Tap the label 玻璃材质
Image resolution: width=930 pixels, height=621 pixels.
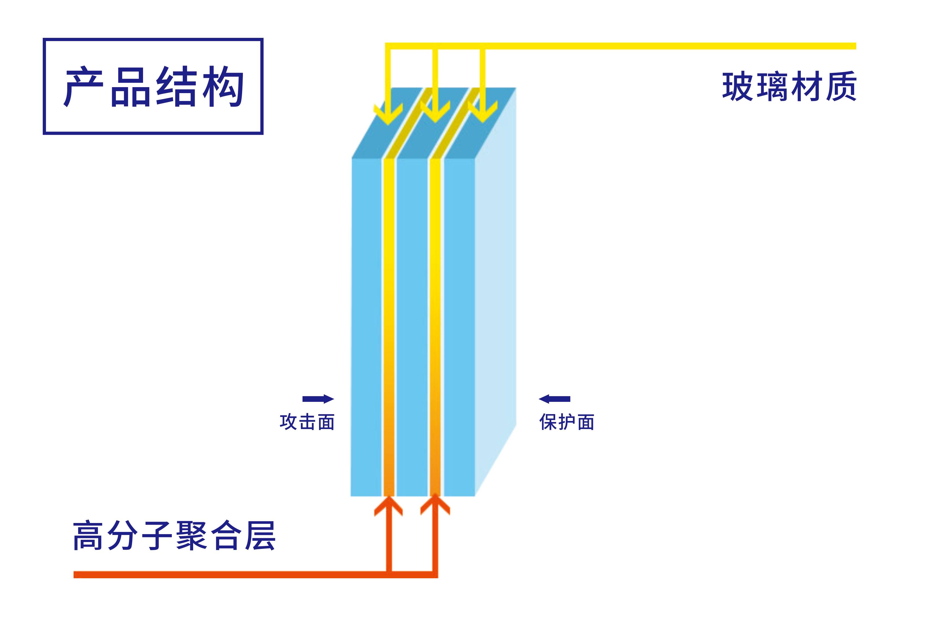(789, 86)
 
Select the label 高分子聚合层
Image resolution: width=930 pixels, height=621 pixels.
(174, 536)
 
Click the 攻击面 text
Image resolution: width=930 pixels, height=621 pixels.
(307, 422)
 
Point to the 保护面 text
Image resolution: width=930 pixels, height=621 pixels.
(567, 422)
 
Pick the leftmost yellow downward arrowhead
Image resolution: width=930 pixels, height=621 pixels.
(388, 114)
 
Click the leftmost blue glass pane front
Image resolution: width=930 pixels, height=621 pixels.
(366, 327)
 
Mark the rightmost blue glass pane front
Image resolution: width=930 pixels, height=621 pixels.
(459, 327)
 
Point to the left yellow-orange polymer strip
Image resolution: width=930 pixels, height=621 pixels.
(389, 327)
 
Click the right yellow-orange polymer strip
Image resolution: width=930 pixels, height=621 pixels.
(435, 327)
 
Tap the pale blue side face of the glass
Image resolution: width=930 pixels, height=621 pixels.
(496, 292)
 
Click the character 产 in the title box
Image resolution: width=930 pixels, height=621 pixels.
(84, 87)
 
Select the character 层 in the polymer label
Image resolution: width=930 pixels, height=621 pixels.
(260, 536)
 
